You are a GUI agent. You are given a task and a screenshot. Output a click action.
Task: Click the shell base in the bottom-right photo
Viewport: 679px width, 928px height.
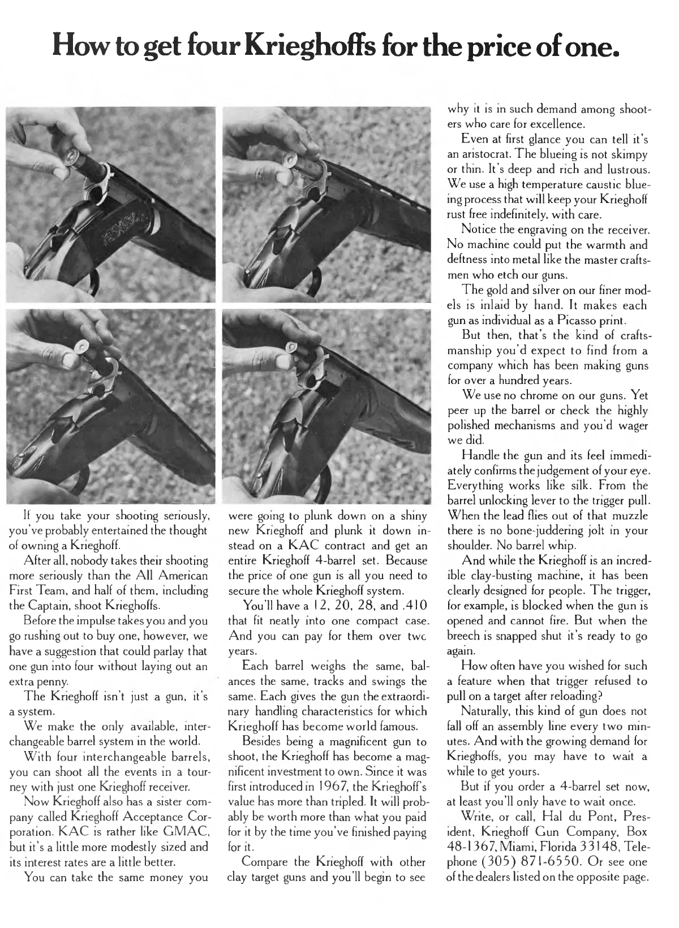click(295, 347)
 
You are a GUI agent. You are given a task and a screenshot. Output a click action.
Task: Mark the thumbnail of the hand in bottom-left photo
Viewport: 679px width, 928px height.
click(70, 360)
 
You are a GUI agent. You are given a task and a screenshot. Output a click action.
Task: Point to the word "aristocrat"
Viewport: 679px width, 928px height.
click(488, 154)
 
